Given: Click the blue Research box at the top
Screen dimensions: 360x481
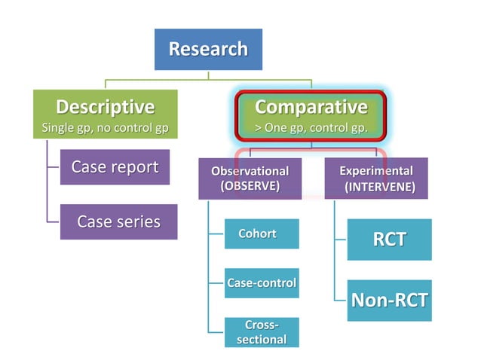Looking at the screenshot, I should [x=207, y=50].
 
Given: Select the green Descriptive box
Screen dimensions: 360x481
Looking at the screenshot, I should [x=105, y=115].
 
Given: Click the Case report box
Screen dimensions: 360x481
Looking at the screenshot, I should [x=115, y=166].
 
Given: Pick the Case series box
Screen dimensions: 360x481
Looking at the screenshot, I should [x=118, y=221].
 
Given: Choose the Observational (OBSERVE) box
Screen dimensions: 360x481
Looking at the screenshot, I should [x=250, y=178].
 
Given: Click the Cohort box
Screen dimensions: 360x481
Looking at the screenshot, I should [x=257, y=233].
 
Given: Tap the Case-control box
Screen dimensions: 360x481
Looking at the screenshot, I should [x=262, y=283].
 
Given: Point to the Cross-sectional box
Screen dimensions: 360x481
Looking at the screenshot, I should [x=262, y=332].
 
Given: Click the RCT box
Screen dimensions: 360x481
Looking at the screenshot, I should [x=389, y=239].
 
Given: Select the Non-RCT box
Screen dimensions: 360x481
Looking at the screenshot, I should [x=389, y=301].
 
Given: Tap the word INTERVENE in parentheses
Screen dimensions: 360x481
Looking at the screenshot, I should [x=379, y=187].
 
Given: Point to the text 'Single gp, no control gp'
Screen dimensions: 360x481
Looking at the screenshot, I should [x=105, y=128].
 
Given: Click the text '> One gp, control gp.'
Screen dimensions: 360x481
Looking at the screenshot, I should [x=311, y=128].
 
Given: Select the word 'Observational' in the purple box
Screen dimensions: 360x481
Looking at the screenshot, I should [x=250, y=171].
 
